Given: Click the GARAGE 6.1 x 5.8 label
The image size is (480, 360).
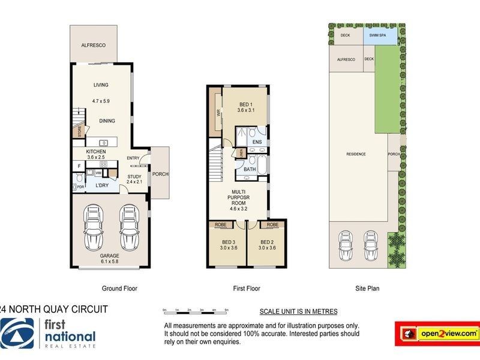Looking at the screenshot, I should coord(109,259).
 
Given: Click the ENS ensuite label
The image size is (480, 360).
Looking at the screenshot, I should coord(256,142).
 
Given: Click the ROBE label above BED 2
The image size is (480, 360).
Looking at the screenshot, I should coord(272,225).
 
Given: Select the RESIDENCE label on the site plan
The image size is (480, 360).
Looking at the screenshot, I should coord(356,154).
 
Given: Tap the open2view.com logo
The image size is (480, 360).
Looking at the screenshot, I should coord(436,332).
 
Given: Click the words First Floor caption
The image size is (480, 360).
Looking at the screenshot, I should coord(245,289).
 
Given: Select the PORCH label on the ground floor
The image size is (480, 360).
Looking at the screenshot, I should coord(160,174).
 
